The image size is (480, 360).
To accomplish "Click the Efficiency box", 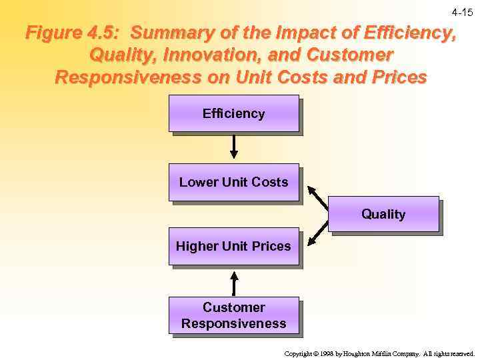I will pyautogui.click(x=233, y=113).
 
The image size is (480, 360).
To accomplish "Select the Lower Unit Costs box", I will pyautogui.click(x=233, y=182).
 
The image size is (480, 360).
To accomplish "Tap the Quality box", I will pyautogui.click(x=383, y=214).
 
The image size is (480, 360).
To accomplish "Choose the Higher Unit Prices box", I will pyautogui.click(x=233, y=246).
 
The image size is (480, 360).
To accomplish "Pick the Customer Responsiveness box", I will pyautogui.click(x=233, y=315).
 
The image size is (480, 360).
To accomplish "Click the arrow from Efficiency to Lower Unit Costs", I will pyautogui.click(x=233, y=147).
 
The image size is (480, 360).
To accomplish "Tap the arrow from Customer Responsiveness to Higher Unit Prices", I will pyautogui.click(x=233, y=283).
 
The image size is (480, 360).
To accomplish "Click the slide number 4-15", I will pyautogui.click(x=462, y=13).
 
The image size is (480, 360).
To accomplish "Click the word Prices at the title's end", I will pyautogui.click(x=395, y=77).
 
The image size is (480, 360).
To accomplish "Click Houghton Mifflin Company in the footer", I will pyautogui.click(x=378, y=354).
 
